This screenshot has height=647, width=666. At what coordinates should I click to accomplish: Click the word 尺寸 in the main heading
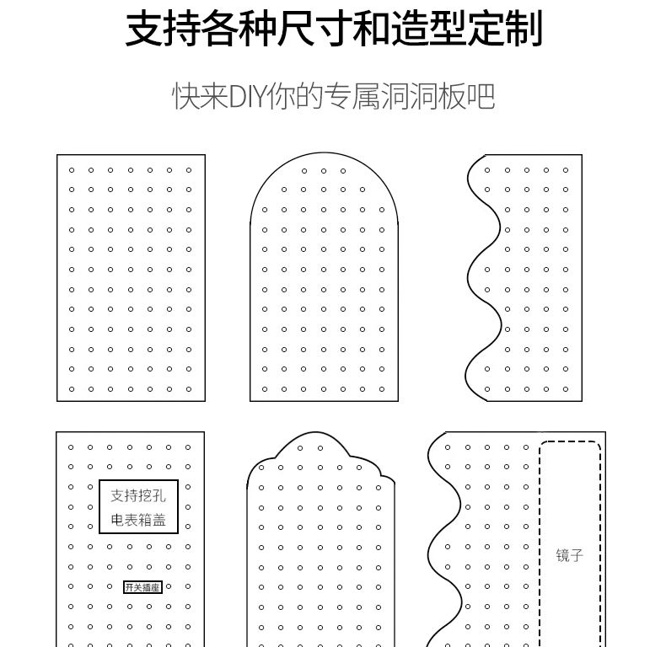click(291, 29)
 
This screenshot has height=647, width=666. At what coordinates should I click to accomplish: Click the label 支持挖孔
click(138, 495)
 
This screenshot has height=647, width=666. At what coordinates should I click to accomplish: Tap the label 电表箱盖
click(138, 520)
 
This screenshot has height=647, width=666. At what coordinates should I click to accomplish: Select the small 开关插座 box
click(142, 587)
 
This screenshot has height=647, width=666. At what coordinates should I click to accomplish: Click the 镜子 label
click(570, 556)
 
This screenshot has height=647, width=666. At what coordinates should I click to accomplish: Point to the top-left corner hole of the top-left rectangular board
click(72, 170)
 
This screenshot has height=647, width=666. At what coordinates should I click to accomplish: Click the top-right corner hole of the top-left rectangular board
click(189, 170)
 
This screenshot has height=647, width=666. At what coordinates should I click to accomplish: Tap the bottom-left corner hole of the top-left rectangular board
click(72, 389)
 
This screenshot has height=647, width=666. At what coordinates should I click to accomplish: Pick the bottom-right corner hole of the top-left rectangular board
click(189, 389)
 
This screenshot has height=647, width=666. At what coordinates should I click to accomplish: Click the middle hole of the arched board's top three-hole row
click(324, 171)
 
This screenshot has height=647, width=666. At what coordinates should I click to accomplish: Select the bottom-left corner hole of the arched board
click(265, 389)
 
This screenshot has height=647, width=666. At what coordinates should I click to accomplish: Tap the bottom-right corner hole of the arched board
click(383, 389)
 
